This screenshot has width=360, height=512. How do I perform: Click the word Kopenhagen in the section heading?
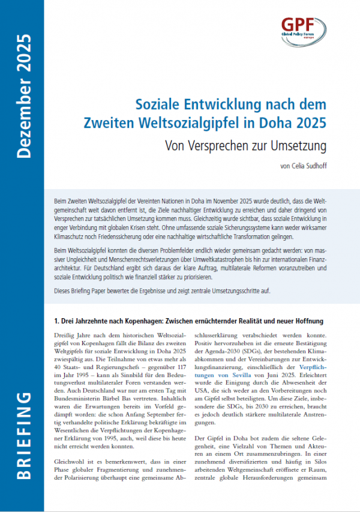163,321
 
